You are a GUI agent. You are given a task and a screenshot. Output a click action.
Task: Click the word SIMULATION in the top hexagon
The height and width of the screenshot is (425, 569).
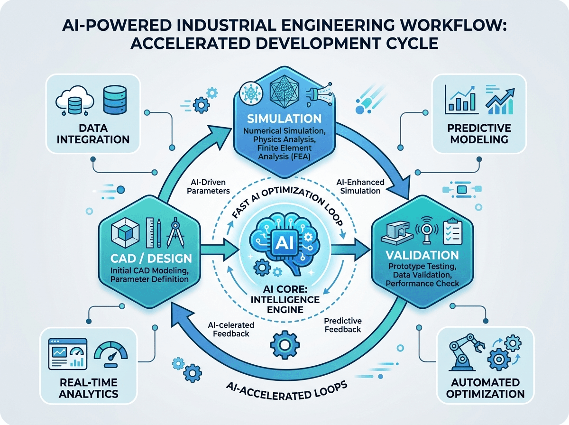click(x=284, y=119)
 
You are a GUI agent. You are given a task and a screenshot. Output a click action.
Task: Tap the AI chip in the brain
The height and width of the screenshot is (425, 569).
click(x=284, y=243)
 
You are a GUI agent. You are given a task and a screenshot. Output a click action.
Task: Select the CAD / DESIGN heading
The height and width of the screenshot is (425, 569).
click(x=151, y=258)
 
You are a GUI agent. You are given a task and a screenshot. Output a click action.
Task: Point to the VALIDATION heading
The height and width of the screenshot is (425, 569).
click(x=422, y=255)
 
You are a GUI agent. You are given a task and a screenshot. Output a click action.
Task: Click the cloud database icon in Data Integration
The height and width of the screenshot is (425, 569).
click(x=74, y=101)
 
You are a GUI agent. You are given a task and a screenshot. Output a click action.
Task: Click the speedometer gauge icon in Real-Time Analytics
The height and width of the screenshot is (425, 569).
click(x=110, y=354)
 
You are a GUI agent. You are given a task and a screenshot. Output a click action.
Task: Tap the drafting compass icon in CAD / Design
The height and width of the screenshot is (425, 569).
click(x=175, y=232)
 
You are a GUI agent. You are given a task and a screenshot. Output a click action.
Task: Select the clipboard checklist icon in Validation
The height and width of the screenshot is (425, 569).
click(x=453, y=231)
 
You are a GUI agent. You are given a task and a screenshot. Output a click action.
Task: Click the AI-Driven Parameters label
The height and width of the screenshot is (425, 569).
click(x=208, y=187)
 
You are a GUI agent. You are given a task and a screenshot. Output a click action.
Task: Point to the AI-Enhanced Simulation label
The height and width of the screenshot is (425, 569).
click(x=360, y=187)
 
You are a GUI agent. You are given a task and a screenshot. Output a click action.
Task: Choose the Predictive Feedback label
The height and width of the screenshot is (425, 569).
click(x=343, y=325)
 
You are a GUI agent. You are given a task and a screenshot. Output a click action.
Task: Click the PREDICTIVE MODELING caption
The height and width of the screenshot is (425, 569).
click(x=479, y=134)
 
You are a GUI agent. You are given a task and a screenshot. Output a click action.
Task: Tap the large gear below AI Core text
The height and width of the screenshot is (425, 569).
click(x=285, y=345)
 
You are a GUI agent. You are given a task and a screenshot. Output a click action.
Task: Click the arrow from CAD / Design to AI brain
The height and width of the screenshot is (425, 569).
click(x=220, y=250)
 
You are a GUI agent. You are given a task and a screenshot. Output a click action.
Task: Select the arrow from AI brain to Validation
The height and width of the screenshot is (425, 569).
click(x=350, y=250)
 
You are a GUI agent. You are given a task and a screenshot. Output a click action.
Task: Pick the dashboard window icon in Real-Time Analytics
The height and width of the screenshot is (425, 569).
click(x=68, y=354)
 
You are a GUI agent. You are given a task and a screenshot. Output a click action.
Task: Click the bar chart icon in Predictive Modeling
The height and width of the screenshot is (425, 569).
click(x=462, y=100)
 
